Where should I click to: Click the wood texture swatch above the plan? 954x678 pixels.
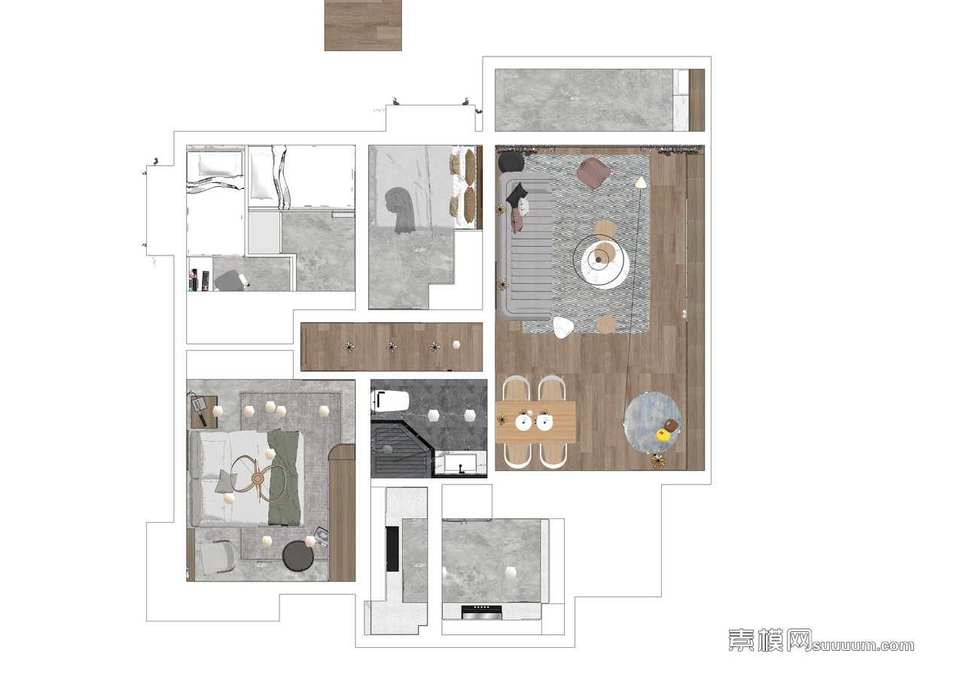click(363, 25)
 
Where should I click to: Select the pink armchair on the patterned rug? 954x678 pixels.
click(594, 173)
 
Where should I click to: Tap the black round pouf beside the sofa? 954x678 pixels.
click(511, 163)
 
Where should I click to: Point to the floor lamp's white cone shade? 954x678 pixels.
click(640, 182)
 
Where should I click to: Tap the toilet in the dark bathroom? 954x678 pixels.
click(390, 401)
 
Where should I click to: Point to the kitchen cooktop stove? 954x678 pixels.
click(482, 612)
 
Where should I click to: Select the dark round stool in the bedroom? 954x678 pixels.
click(299, 557)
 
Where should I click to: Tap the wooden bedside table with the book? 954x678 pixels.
click(204, 412)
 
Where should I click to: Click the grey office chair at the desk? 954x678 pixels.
click(228, 280)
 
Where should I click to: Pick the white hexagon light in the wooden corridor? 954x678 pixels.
click(456, 344)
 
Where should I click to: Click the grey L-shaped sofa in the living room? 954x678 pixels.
click(525, 246)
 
